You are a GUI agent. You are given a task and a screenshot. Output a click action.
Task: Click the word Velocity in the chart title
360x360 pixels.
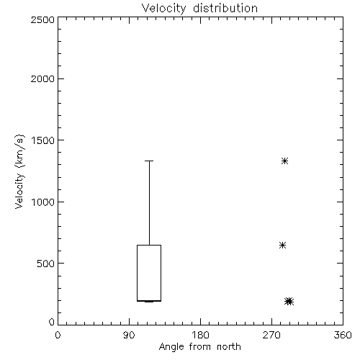pyautogui.click(x=164, y=9)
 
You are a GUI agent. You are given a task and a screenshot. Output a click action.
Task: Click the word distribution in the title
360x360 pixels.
pyautogui.click(x=225, y=8)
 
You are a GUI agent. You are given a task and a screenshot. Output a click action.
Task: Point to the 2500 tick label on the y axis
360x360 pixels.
pyautogui.click(x=42, y=19)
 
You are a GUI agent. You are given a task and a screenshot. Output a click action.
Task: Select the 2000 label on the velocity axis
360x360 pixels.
pyautogui.click(x=42, y=78)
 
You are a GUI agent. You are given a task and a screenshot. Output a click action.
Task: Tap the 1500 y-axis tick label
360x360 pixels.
pyautogui.click(x=43, y=140)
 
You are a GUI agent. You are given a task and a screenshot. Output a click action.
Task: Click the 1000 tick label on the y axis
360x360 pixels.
pyautogui.click(x=43, y=202)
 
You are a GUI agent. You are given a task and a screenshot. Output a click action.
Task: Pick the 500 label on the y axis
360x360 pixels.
pyautogui.click(x=46, y=264)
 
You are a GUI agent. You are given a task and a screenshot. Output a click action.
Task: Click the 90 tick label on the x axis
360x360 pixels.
pyautogui.click(x=129, y=335)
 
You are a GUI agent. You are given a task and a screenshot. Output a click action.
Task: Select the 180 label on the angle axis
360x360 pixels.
pyautogui.click(x=200, y=335)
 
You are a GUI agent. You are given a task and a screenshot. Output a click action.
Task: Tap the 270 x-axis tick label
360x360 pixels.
pyautogui.click(x=271, y=335)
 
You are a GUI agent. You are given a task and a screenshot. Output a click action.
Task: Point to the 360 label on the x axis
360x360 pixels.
pyautogui.click(x=343, y=335)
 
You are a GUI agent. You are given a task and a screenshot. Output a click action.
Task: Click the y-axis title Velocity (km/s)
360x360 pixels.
pyautogui.click(x=19, y=171)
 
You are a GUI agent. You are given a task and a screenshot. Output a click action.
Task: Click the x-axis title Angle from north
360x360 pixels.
pyautogui.click(x=200, y=347)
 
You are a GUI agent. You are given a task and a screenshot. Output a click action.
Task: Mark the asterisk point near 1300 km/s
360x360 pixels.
pyautogui.click(x=284, y=161)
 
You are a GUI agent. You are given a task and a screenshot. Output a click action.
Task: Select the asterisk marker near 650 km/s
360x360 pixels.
pyautogui.click(x=282, y=246)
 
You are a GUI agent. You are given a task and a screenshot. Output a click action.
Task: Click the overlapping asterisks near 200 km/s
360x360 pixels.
pyautogui.click(x=289, y=301)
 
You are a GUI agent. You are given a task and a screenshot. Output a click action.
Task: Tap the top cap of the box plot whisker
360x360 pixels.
pyautogui.click(x=149, y=161)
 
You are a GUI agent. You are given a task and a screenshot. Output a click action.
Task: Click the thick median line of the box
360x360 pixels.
pyautogui.click(x=149, y=301)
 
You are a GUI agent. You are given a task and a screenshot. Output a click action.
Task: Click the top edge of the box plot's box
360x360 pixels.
pyautogui.click(x=149, y=245)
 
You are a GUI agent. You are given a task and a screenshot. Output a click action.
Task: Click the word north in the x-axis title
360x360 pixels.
pyautogui.click(x=229, y=347)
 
